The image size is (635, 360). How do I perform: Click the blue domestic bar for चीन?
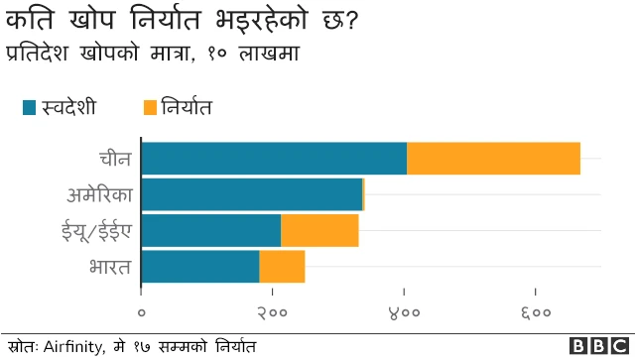(274, 159)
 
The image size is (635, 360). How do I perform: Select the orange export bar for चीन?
(493, 159)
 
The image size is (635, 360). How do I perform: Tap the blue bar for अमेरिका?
(252, 194)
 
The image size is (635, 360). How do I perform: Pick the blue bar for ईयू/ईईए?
(211, 230)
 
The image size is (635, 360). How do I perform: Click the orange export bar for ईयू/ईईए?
(319, 230)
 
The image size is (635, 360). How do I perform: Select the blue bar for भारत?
(200, 266)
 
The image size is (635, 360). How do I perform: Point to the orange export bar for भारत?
(282, 266)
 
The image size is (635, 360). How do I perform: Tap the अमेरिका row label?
(99, 194)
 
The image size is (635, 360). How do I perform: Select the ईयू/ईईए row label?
(95, 231)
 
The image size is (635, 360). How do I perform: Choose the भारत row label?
(109, 267)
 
